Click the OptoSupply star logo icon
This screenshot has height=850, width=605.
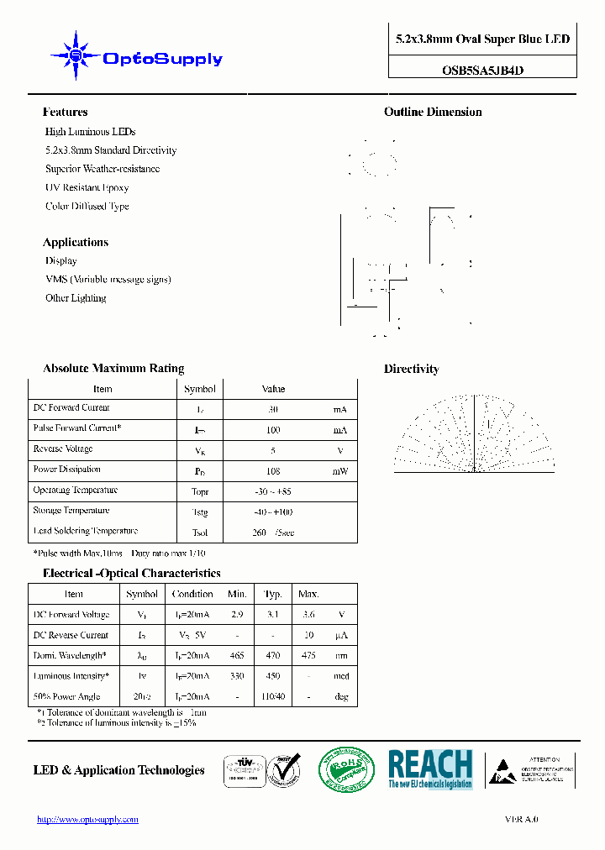(76, 56)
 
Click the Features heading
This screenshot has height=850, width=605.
(66, 113)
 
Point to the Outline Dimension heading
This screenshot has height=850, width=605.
(433, 113)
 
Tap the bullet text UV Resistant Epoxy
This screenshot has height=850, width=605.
(87, 188)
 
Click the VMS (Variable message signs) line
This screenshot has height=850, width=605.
(108, 280)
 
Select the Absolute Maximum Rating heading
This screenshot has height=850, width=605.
(113, 369)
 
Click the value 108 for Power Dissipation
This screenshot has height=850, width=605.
(273, 472)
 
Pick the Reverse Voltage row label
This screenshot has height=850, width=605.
(63, 449)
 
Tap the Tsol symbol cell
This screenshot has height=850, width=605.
(200, 533)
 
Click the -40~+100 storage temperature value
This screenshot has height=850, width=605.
(273, 512)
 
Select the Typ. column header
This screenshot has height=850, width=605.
(273, 595)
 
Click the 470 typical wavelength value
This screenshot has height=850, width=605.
(273, 656)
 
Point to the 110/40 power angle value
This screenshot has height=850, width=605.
(273, 697)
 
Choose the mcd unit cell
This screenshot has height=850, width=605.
(339, 677)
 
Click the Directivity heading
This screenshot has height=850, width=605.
(412, 370)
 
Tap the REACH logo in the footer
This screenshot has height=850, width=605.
(430, 769)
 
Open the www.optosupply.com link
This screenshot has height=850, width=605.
(87, 820)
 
